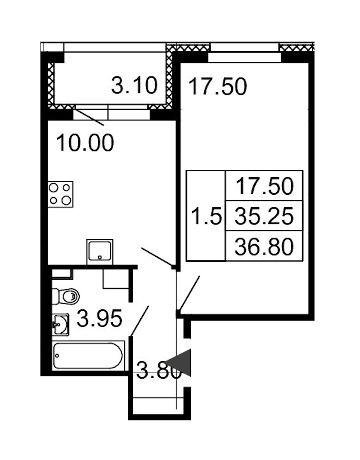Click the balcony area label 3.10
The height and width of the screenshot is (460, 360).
click(134, 85)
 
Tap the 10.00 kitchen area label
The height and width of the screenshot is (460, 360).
click(85, 143)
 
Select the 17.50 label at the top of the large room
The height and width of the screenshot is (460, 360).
click(218, 86)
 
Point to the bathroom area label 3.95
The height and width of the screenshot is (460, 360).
click(99, 319)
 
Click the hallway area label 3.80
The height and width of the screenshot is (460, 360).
click(159, 371)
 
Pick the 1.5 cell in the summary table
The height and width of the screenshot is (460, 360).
click(206, 216)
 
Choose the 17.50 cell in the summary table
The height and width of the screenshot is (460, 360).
click(264, 186)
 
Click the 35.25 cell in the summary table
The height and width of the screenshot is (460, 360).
click(264, 216)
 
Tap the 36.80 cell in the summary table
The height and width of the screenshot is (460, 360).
click(264, 246)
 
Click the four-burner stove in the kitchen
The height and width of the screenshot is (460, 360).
click(60, 194)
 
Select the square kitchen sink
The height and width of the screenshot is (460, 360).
click(100, 251)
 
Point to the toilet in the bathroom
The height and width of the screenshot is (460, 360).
click(66, 297)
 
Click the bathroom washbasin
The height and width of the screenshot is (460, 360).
click(60, 325)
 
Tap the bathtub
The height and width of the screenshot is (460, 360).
click(88, 356)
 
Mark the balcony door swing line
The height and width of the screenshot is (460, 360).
click(89, 118)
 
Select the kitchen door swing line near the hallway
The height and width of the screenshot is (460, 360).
click(157, 257)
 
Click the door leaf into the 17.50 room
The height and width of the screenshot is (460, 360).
click(189, 293)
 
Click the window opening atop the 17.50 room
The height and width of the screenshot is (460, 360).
click(245, 57)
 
